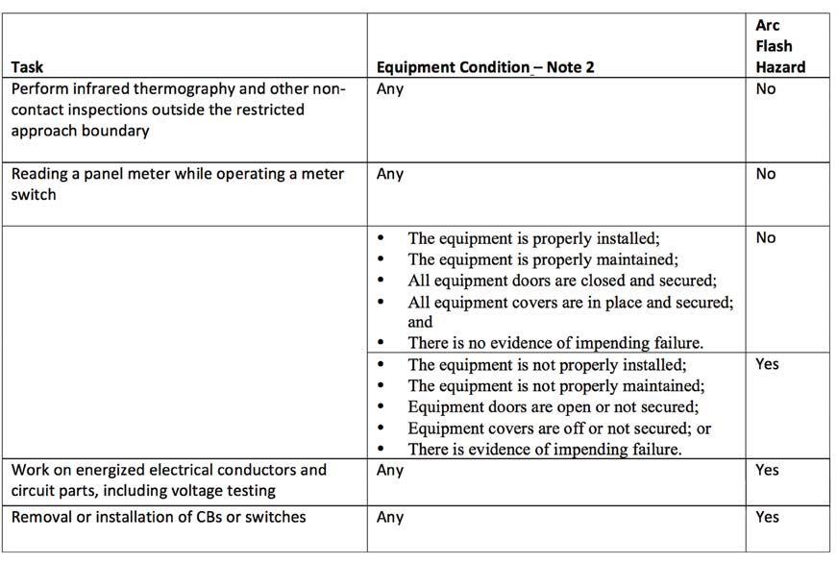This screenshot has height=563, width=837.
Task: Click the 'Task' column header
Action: (x=27, y=67)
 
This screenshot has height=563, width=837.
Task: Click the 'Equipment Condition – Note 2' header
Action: (x=484, y=67)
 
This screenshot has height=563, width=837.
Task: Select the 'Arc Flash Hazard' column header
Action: (x=779, y=46)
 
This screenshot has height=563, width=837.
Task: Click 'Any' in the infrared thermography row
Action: (x=390, y=89)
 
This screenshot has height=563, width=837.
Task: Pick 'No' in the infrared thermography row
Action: (x=766, y=89)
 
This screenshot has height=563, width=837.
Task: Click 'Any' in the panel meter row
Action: (x=390, y=174)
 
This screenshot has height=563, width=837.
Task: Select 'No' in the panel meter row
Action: (x=766, y=174)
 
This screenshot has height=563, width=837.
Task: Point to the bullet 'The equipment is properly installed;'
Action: (x=533, y=238)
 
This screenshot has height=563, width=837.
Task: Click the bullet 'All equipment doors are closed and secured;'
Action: (x=562, y=280)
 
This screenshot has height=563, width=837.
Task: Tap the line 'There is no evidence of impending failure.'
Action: (x=545, y=342)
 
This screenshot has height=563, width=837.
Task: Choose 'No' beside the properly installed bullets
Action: (x=766, y=237)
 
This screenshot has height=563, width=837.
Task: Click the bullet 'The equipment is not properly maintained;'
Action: (x=556, y=385)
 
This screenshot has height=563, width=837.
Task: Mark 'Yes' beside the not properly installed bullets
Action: (x=767, y=364)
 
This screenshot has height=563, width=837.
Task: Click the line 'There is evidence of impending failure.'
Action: (x=545, y=449)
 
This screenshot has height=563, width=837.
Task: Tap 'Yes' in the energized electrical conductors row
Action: (x=767, y=471)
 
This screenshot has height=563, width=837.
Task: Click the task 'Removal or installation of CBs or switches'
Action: (x=159, y=517)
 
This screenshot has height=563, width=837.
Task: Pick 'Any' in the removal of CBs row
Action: (x=390, y=517)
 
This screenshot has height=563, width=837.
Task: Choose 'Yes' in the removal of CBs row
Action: (x=767, y=517)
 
